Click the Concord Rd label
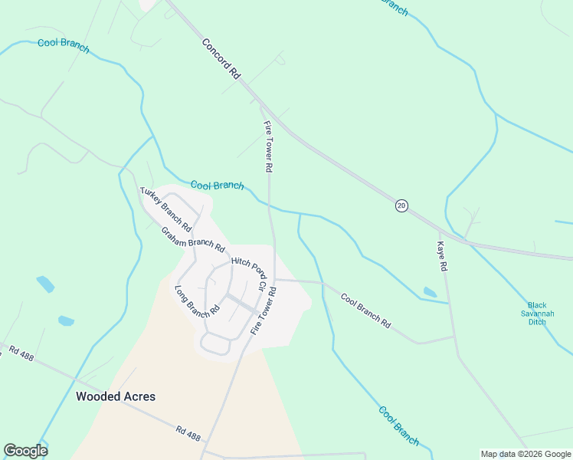click(222, 58)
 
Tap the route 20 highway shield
click(401, 205)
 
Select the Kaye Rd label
click(441, 257)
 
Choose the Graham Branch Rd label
click(193, 239)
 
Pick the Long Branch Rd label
click(198, 301)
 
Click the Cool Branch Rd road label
click(365, 311)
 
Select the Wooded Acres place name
click(116, 396)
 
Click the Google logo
click(25, 451)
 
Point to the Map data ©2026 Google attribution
click(526, 454)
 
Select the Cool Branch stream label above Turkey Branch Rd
click(217, 185)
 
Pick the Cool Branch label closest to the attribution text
click(398, 425)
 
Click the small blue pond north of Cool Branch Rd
click(430, 292)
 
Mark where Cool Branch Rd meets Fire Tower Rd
click(276, 280)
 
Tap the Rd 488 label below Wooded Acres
click(188, 434)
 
